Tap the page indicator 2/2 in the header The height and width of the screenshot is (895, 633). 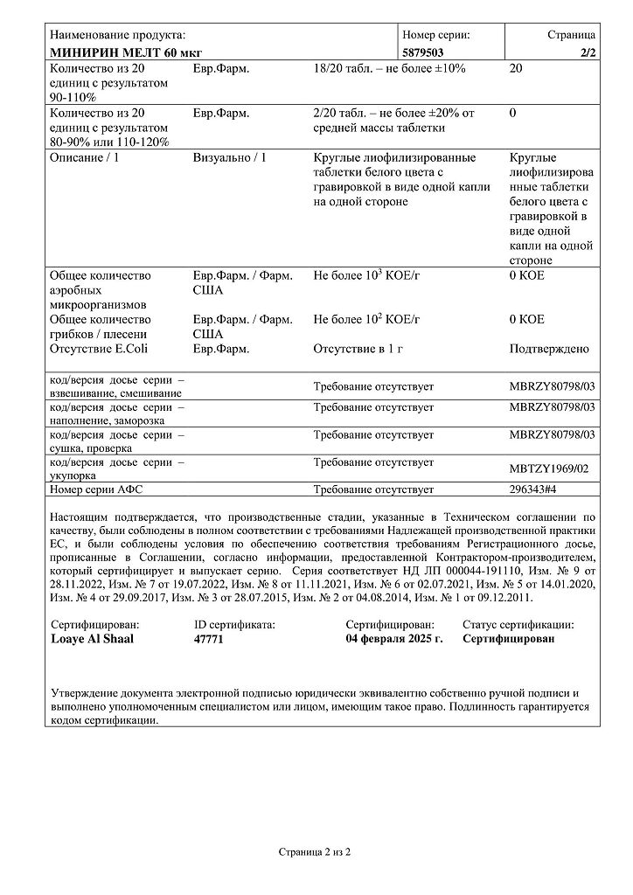587,52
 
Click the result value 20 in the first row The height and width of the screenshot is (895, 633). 516,68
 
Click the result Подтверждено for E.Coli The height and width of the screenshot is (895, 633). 548,349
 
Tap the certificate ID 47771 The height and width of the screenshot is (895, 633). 209,639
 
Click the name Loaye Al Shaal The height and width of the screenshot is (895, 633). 93,639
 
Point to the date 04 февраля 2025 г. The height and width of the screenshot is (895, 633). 394,639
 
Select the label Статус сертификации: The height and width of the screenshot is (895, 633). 518,624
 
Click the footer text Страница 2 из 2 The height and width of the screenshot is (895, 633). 316,850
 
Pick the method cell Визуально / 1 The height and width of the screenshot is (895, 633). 229,157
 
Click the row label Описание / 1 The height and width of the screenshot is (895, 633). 85,157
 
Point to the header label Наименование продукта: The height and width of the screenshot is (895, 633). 118,35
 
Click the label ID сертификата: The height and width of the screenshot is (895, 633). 234,624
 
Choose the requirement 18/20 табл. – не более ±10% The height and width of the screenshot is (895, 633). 389,68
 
